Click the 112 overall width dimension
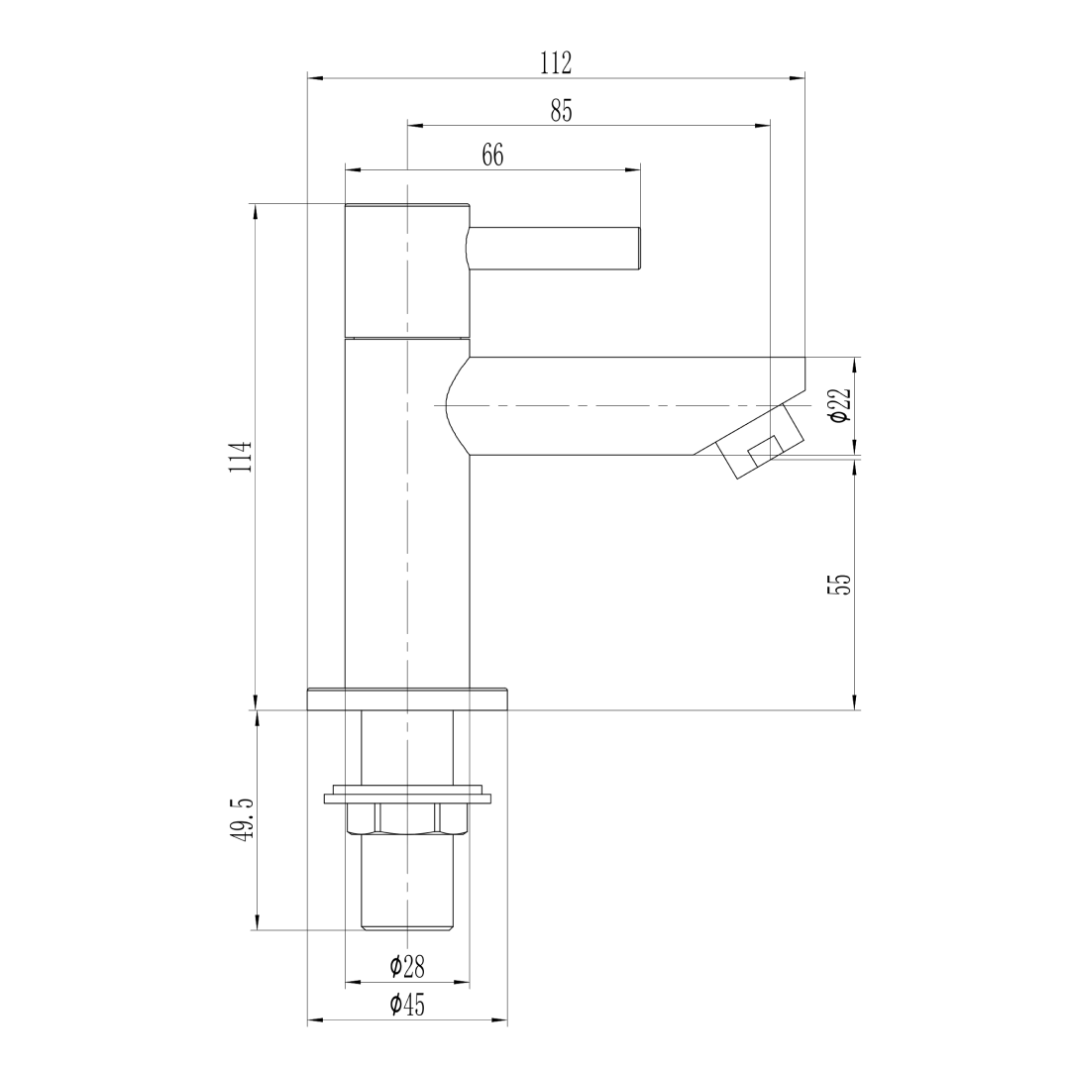coord(556,63)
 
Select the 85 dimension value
coord(561,111)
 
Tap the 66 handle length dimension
coord(492,156)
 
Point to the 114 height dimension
coord(240,457)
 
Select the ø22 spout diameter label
coord(840,405)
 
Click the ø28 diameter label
coord(407,966)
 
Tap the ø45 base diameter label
coord(407,1005)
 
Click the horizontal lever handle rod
coord(555,249)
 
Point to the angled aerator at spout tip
coord(759,441)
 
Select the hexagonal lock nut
coord(407,819)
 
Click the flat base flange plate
coord(407,699)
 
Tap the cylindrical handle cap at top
coord(407,270)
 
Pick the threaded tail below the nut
coord(407,883)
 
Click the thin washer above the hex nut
coord(407,796)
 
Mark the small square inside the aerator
coord(766,451)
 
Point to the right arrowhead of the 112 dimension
coord(798,78)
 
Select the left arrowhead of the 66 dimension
coord(353,170)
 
